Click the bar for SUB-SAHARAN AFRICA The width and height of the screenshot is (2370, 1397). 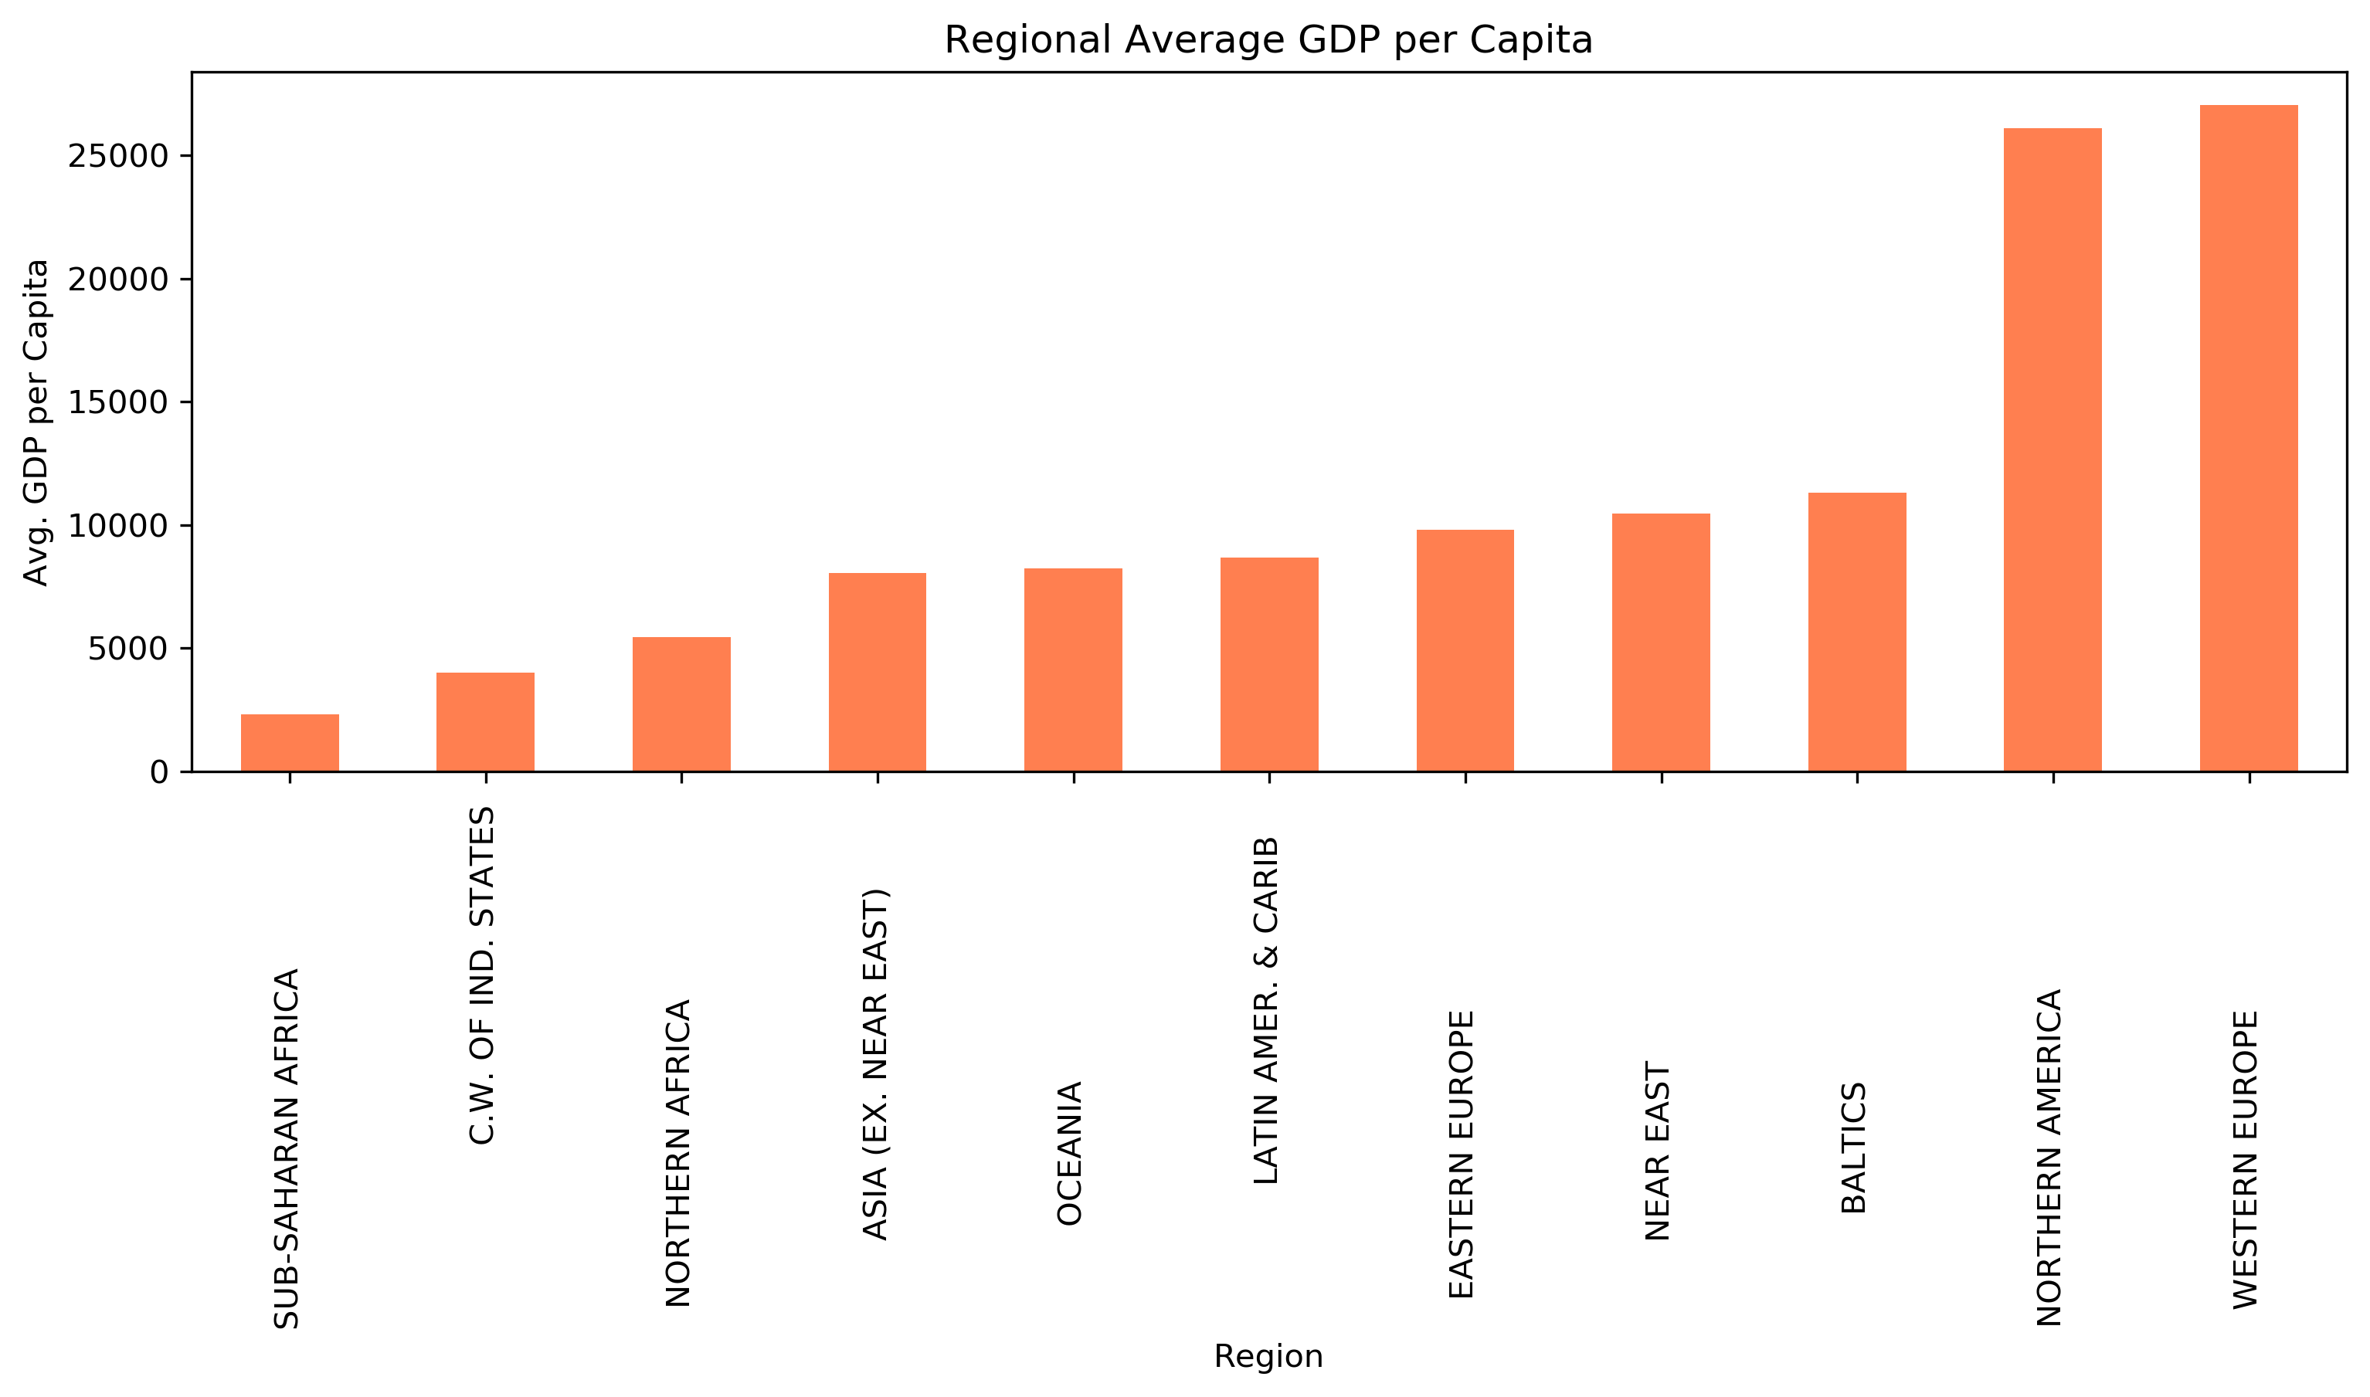tap(290, 744)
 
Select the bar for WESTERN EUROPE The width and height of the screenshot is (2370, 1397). tap(2249, 439)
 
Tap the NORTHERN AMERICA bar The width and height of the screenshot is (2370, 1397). tap(2053, 450)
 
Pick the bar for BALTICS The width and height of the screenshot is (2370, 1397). tap(1857, 632)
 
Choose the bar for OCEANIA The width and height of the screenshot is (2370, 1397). tap(1074, 670)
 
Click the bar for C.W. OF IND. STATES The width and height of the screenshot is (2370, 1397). tap(486, 722)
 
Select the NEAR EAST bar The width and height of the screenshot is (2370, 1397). tap(1661, 643)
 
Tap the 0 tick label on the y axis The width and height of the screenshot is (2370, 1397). tap(159, 773)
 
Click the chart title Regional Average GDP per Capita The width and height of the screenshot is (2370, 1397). tap(1268, 40)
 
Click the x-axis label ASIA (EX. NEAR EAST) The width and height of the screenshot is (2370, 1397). tap(877, 1063)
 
